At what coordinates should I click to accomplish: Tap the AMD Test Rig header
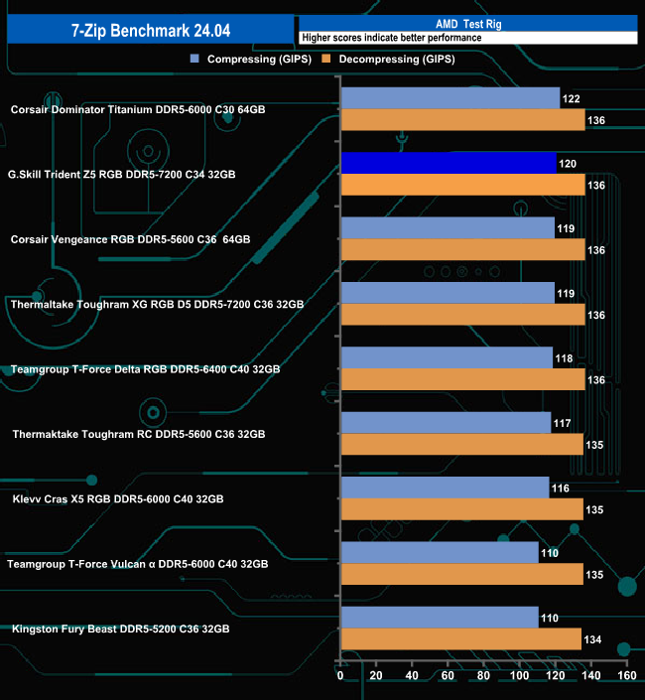click(466, 23)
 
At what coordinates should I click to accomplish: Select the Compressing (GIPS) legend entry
click(252, 60)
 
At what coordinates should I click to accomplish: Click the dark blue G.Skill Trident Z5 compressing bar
click(449, 163)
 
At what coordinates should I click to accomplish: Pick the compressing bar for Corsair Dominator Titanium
click(450, 98)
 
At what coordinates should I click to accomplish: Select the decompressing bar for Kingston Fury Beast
click(460, 638)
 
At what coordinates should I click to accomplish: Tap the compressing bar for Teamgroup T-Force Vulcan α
click(439, 552)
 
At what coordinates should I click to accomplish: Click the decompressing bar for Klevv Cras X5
click(461, 508)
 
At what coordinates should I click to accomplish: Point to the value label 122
click(572, 99)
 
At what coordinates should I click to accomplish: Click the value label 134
click(594, 639)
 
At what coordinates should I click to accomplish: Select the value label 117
click(563, 424)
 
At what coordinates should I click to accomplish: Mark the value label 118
click(565, 358)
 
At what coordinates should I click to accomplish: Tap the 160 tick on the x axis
click(626, 675)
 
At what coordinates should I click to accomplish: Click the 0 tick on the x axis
click(340, 675)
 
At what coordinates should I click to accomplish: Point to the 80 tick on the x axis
click(483, 675)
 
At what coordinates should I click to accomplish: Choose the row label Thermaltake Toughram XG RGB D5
click(156, 304)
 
